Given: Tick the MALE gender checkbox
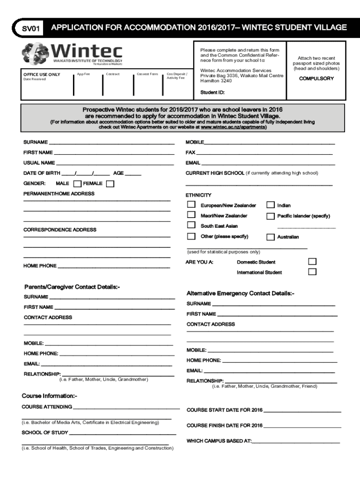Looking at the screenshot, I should click(77, 183).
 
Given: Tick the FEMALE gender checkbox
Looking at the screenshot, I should click(110, 183).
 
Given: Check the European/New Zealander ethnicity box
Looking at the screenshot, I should click(191, 204).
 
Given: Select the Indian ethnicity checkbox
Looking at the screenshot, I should click(270, 204).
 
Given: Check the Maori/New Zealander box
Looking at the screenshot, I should click(191, 215).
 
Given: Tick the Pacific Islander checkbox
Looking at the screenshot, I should click(270, 216).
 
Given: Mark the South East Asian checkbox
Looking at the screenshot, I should click(191, 225).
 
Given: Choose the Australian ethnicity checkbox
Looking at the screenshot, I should click(270, 237).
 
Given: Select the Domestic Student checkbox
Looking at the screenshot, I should click(312, 261).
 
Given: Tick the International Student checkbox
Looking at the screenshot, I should click(312, 271).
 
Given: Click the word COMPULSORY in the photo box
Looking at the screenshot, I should click(316, 79).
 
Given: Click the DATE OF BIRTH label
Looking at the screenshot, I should click(42, 173).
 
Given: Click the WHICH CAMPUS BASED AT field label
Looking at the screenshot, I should click(219, 441).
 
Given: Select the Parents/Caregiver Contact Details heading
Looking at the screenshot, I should click(72, 287).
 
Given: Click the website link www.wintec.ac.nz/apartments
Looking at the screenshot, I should click(233, 127).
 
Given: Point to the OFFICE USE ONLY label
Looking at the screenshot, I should click(42, 74).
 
